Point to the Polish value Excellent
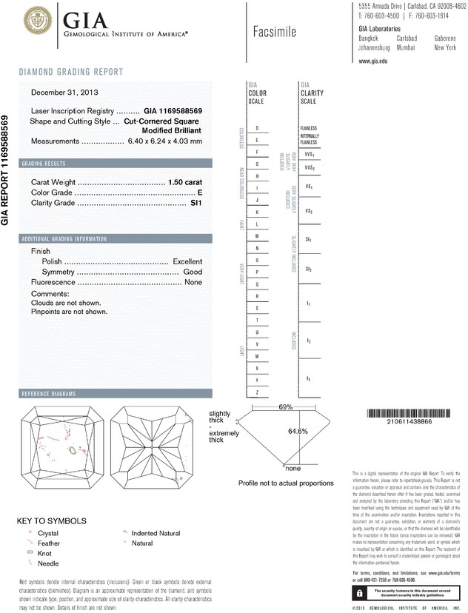point(187,262)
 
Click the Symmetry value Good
point(193,272)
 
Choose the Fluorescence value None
point(193,283)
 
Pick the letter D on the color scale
point(256,128)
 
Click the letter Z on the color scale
point(256,392)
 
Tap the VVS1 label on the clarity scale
point(310,155)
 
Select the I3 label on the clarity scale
point(309,379)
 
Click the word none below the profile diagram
point(292,468)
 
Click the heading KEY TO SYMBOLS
point(51,520)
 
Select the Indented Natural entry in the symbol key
point(156,533)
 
